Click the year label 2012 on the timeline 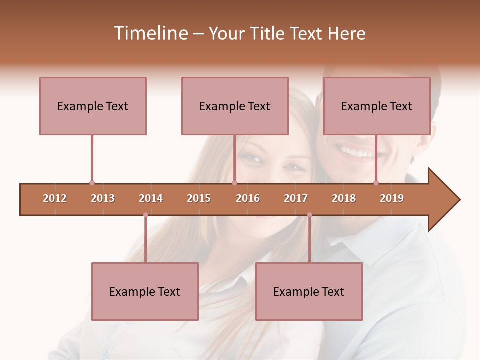click(x=55, y=198)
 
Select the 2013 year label click(x=103, y=198)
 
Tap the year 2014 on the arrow click(x=151, y=198)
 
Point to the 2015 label click(x=199, y=198)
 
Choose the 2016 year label click(x=248, y=198)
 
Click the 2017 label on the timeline click(x=296, y=198)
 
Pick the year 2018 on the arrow click(x=344, y=198)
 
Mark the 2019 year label click(x=392, y=198)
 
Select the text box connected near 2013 click(x=93, y=106)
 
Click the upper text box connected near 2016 click(x=235, y=106)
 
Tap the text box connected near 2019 click(x=377, y=106)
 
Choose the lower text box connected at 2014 click(x=145, y=291)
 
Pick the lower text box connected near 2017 click(x=309, y=291)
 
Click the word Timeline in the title click(x=150, y=33)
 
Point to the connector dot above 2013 click(x=92, y=183)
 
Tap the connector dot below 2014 click(x=145, y=215)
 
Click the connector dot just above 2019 click(x=376, y=183)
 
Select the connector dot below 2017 click(x=309, y=215)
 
